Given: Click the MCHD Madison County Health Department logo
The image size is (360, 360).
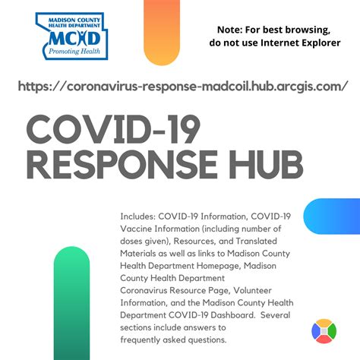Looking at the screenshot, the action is tap(72, 36).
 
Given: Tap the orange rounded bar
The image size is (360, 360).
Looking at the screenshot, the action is tap(162, 33).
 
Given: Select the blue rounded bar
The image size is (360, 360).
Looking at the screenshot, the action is tap(332, 216).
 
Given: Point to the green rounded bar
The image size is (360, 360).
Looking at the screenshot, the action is tap(71, 303).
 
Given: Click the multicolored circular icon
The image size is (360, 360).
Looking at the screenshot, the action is tap(324, 331).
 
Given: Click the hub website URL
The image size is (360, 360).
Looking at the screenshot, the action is tap(183, 87).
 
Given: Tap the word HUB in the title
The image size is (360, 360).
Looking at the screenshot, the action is tap(266, 165).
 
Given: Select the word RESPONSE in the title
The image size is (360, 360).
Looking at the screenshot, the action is tap(122, 165).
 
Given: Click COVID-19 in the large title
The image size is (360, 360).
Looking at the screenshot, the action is tap(113, 129).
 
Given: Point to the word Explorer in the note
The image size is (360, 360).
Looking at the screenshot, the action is tap(321, 43).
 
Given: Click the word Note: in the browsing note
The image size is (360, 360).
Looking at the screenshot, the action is tap(230, 30).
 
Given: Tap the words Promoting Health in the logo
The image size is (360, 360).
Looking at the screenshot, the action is tap(74, 52).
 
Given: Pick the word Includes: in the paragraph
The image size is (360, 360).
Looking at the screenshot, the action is tap(137, 216).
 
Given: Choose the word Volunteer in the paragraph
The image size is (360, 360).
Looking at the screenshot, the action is tap(252, 290).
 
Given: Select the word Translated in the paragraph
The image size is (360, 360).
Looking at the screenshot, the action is tap(256, 241).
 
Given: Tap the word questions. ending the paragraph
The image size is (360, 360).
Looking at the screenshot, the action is tap(207, 340).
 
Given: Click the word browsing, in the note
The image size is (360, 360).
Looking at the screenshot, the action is tap(308, 30).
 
